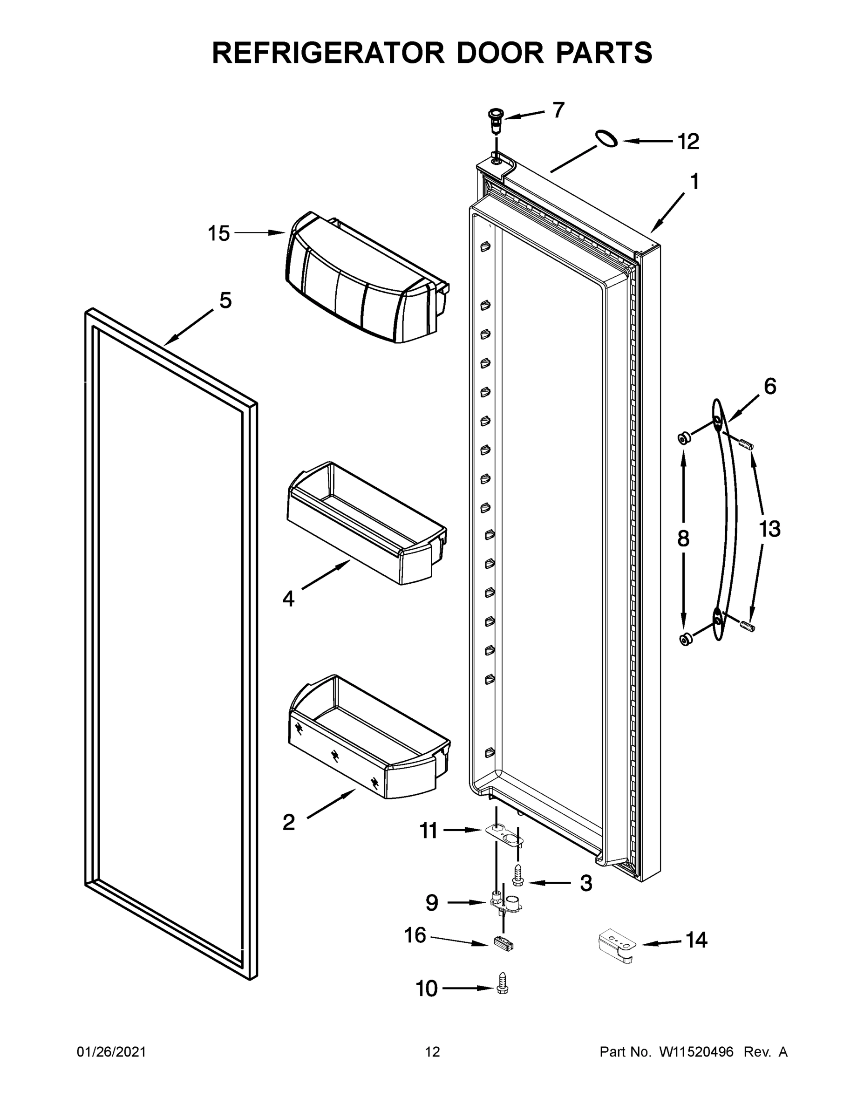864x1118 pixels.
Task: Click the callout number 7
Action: [x=558, y=110]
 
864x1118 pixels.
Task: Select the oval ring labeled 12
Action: [x=605, y=138]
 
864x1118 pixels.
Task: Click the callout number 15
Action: [x=218, y=233]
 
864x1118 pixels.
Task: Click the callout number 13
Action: [x=769, y=529]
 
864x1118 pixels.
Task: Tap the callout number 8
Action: [x=683, y=539]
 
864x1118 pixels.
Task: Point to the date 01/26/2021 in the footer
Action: [x=111, y=1052]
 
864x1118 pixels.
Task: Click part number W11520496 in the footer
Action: [x=696, y=1052]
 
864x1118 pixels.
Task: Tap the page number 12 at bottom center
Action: [x=432, y=1052]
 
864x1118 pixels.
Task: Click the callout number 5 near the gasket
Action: [x=225, y=300]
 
